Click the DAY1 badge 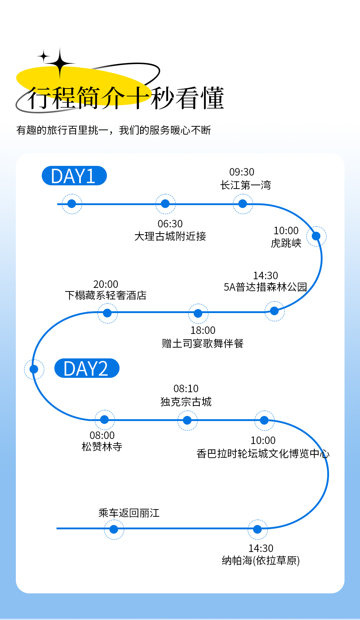pos(74,176)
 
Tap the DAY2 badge pos(87,368)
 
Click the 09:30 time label pos(242,172)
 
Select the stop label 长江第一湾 pos(246,185)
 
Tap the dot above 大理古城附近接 pos(165,204)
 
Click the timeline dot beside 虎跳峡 pos(316,236)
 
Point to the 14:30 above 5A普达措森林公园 pos(265,276)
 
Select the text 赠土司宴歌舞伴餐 pos(203,344)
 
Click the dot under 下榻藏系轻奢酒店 pos(107,313)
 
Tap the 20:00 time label pos(105,284)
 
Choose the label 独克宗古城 pos(186,402)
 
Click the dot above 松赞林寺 pos(104,420)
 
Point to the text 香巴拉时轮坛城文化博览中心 pos(263,454)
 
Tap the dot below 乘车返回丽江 pos(114,529)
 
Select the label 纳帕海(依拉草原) pos(261,561)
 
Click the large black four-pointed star pos(60,63)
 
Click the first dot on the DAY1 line pos(72,204)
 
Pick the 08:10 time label pos(186,389)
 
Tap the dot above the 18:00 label pos(198,313)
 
